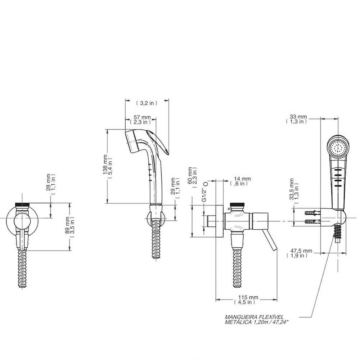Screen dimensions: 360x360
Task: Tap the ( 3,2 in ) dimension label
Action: point(147,103)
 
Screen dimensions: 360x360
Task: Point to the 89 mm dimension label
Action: point(67,226)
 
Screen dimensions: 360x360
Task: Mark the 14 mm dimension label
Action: point(242,179)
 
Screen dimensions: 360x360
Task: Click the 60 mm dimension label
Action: point(190,176)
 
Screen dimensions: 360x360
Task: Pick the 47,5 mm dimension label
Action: point(301,251)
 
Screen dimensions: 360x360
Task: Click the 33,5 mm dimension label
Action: point(292,189)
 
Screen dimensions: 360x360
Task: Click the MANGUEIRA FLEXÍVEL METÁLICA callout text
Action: point(256,319)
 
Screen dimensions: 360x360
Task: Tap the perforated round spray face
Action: point(338,148)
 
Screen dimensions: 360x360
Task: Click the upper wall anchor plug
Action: point(312,213)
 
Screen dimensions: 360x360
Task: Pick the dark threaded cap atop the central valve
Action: point(238,204)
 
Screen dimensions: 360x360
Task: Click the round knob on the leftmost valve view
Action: point(22,221)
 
